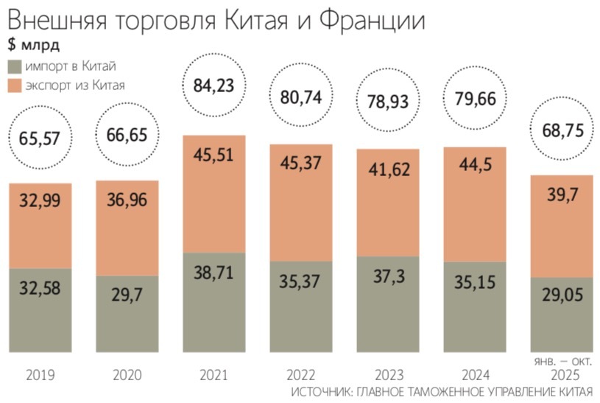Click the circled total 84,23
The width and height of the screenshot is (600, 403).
[x=213, y=85]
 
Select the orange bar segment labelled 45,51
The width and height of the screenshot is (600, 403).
[x=213, y=193]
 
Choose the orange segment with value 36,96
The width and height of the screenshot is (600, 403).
[x=127, y=228]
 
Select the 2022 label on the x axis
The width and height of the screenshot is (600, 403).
[x=300, y=375]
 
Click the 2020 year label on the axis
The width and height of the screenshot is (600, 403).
[x=127, y=375]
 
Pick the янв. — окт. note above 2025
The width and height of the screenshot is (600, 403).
[x=561, y=361]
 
